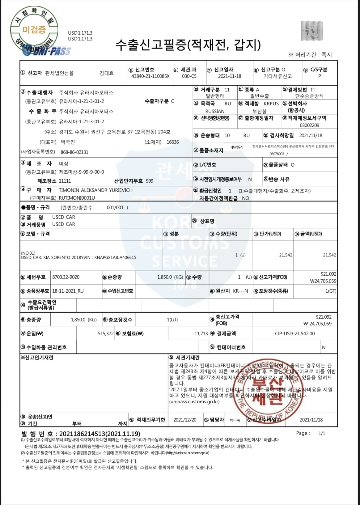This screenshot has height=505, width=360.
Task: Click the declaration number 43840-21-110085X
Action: click(150, 76)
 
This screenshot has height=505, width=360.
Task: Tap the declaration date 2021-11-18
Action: click(230, 76)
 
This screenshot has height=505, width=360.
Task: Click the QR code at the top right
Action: click(312, 31)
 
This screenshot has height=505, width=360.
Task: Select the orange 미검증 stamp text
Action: click(34, 30)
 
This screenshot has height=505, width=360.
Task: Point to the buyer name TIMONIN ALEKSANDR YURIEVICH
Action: click(95, 190)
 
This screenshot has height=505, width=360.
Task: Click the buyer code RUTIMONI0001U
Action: click(77, 198)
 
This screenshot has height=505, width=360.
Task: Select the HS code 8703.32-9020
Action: click(66, 277)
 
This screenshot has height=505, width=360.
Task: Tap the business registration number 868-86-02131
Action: click(74, 152)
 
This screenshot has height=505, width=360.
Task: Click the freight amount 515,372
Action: click(106, 334)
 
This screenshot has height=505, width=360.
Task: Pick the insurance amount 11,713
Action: click(201, 334)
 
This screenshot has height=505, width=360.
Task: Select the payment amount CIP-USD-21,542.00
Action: click(295, 334)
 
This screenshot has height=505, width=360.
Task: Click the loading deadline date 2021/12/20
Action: click(185, 420)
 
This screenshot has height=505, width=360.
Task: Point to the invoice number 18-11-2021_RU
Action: click(68, 291)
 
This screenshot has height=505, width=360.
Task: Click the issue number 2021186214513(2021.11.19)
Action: click(100, 434)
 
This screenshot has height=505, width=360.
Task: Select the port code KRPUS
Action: click(271, 104)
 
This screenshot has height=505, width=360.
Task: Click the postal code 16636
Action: click(173, 142)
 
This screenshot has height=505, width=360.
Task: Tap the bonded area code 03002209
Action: click(310, 125)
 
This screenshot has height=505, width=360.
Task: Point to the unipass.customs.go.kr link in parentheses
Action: click(194, 402)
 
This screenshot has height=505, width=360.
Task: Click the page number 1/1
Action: click(322, 434)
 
